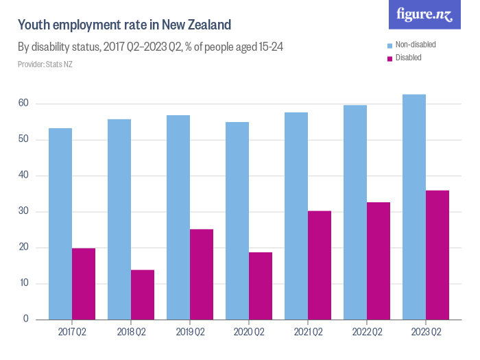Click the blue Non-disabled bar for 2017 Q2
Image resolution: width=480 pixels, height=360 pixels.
click(60, 224)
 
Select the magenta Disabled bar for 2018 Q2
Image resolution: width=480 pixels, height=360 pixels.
click(143, 295)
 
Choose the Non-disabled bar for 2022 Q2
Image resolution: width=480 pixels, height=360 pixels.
click(355, 212)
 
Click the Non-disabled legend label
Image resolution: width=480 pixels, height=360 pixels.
click(416, 45)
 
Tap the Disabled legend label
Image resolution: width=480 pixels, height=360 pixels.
click(409, 58)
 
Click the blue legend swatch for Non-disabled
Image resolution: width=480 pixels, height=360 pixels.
click(390, 45)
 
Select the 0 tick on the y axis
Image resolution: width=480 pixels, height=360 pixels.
click(25, 319)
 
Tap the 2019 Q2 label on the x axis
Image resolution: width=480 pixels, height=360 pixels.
click(190, 333)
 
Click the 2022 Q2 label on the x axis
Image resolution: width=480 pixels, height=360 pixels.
click(367, 333)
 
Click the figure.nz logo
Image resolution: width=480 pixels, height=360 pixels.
click(424, 15)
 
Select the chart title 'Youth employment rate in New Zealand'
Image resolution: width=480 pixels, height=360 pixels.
click(124, 25)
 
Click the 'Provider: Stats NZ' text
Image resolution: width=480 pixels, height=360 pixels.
click(45, 64)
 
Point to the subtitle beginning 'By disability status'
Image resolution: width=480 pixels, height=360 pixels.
click(150, 47)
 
